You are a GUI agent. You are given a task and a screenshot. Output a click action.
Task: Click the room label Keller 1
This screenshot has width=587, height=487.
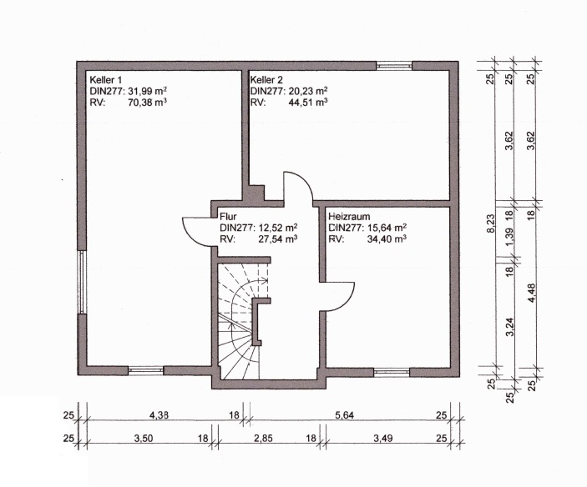point(106,79)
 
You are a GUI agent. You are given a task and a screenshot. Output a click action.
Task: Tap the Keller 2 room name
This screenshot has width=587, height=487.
point(266,79)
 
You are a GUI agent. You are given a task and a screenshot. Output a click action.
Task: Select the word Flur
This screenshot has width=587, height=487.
point(228,217)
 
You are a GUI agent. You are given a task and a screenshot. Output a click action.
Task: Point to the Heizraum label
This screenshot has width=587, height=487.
point(349,217)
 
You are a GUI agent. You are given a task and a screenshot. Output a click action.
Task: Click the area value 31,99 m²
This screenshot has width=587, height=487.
point(148,91)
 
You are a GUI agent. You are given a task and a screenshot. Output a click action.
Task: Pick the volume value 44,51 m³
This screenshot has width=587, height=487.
point(308,102)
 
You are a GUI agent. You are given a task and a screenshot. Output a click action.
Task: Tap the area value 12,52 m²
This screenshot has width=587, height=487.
point(278,228)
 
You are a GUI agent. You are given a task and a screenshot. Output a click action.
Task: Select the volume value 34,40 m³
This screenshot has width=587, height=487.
point(387,238)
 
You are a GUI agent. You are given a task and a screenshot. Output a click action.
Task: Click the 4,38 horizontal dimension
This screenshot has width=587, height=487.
point(159,414)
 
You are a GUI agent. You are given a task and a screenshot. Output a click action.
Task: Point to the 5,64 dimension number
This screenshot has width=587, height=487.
point(344,414)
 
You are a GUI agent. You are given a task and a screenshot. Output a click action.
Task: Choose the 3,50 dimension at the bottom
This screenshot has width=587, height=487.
point(144,438)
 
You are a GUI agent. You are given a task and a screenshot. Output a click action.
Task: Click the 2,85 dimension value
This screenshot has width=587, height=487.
point(263,438)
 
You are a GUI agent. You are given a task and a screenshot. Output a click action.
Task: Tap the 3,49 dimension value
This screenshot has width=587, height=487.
point(383,438)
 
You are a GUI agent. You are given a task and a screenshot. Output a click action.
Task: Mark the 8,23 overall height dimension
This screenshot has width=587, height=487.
point(490,223)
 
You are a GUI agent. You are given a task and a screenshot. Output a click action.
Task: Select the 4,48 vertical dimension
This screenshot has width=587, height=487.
point(531,294)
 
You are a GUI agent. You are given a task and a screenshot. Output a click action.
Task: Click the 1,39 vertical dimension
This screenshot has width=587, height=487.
point(509,238)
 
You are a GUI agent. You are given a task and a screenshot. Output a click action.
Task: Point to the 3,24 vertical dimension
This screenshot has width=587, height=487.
point(509,327)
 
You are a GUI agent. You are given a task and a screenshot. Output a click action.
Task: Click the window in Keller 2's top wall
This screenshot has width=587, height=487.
point(394,66)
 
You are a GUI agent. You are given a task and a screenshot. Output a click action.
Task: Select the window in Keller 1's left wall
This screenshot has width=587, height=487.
point(82,282)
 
